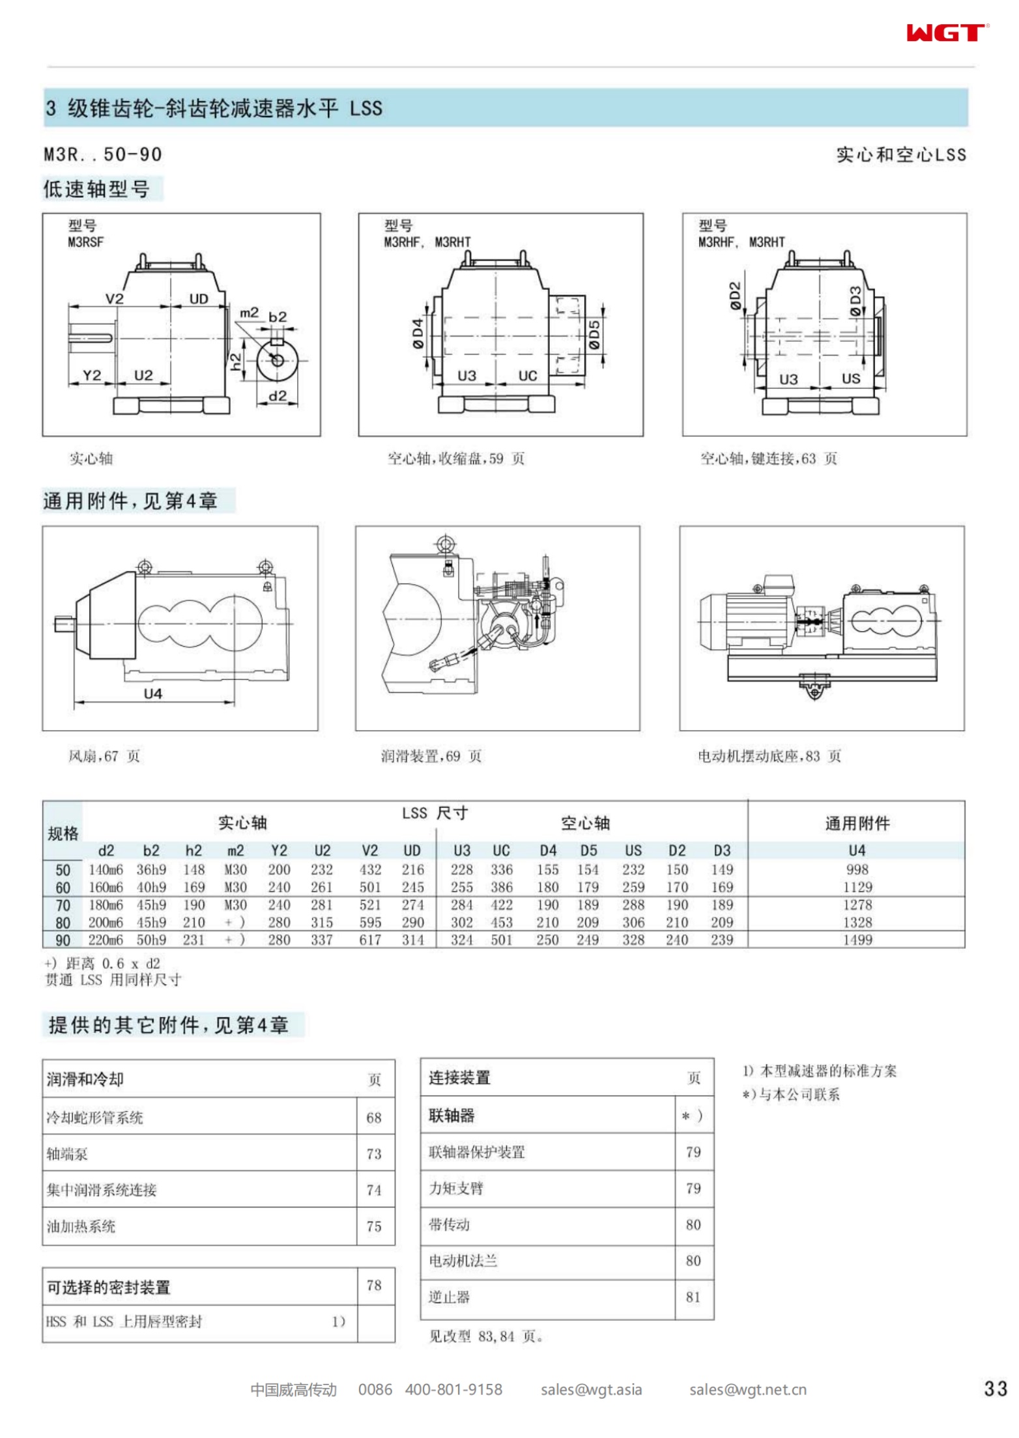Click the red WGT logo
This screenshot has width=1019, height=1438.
(x=947, y=33)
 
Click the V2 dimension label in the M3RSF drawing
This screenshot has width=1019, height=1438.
(x=114, y=298)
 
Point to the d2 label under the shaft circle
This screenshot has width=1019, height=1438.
(x=278, y=395)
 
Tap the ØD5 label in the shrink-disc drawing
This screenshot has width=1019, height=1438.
(x=594, y=335)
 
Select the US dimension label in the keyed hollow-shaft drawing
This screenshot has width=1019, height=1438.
(x=850, y=378)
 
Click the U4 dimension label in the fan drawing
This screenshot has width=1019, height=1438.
(x=152, y=694)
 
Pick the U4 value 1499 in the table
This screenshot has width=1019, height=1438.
(x=857, y=940)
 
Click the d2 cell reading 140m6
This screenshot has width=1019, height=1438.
(x=106, y=869)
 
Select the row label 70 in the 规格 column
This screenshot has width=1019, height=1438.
(x=63, y=905)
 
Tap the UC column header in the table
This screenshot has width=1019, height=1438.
(x=501, y=851)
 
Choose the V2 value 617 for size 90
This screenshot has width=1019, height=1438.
(x=370, y=940)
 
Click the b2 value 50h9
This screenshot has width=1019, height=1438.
(x=151, y=940)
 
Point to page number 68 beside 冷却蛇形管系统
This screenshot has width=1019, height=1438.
(x=373, y=1118)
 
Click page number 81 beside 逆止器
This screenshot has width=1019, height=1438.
(x=693, y=1297)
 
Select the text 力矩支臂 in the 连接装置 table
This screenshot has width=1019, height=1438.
(x=456, y=1188)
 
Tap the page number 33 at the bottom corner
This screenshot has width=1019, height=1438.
(x=996, y=1389)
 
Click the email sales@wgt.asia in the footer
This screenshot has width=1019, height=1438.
(x=591, y=1390)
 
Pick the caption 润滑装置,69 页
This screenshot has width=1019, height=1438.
(x=431, y=756)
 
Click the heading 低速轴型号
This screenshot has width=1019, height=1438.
(x=96, y=189)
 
